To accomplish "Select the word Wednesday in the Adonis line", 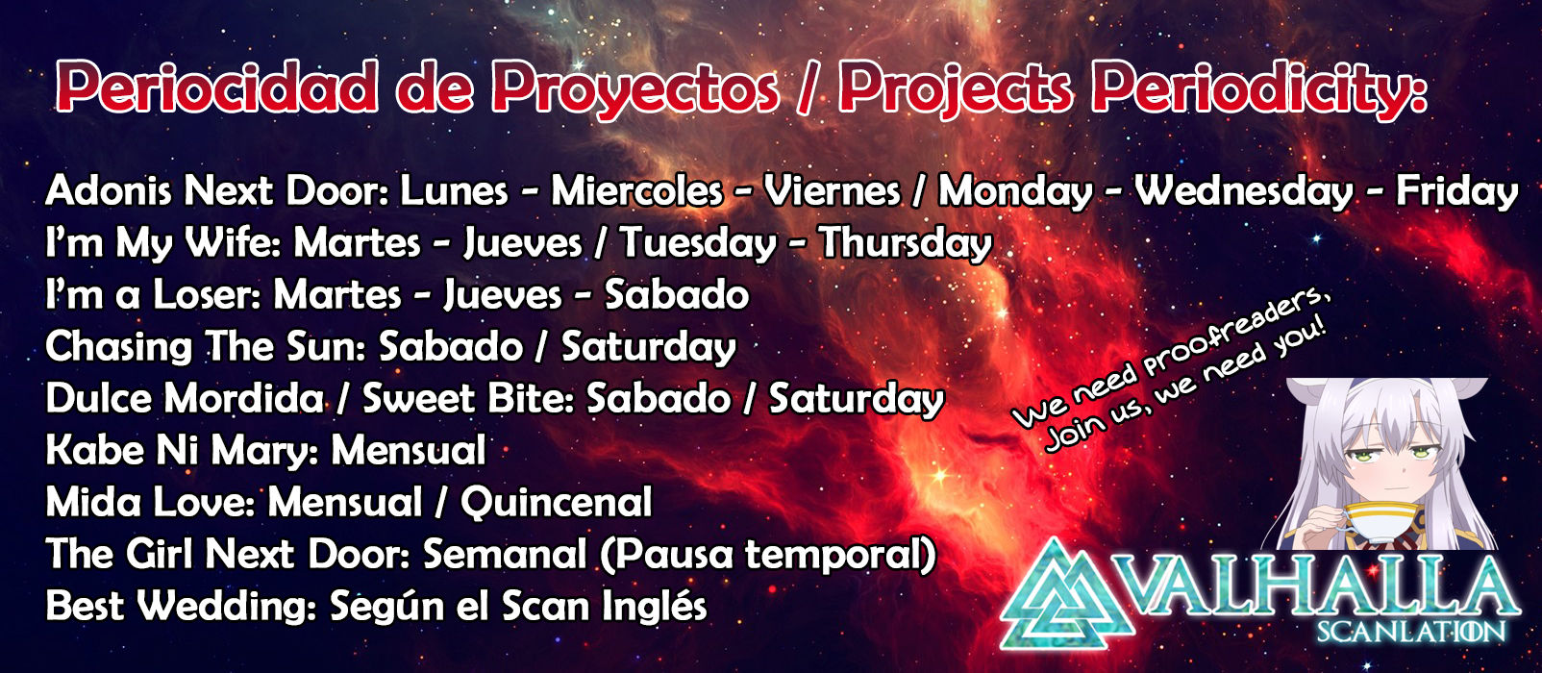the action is click(1244, 191).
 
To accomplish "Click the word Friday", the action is click(1456, 191).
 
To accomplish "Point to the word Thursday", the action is click(906, 243).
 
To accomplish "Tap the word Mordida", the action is click(243, 398).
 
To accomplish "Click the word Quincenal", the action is click(557, 502).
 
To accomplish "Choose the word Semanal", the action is click(504, 554).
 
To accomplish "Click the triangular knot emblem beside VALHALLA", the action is click(1068, 596).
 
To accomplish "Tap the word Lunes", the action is click(455, 191).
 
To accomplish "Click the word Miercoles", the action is click(636, 191).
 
